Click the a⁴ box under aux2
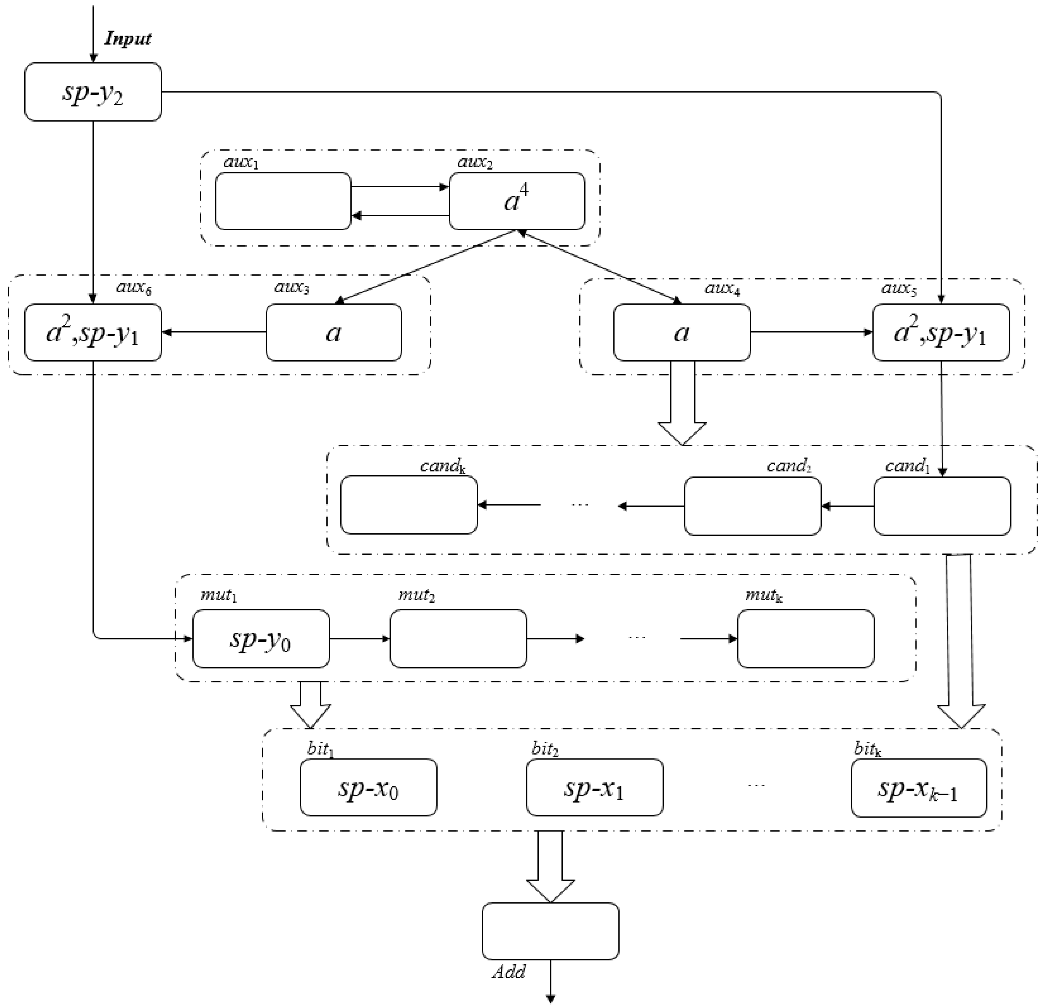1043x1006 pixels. pyautogui.click(x=517, y=201)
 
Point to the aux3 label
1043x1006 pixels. pyautogui.click(x=292, y=288)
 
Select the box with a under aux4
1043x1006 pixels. pyautogui.click(x=682, y=332)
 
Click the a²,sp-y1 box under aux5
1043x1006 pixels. pyautogui.click(x=940, y=332)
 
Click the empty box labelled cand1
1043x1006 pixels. pyautogui.click(x=942, y=506)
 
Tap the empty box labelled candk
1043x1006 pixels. pyautogui.click(x=409, y=505)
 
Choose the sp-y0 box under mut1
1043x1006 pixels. pyautogui.click(x=261, y=638)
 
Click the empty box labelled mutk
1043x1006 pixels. pyautogui.click(x=805, y=638)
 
